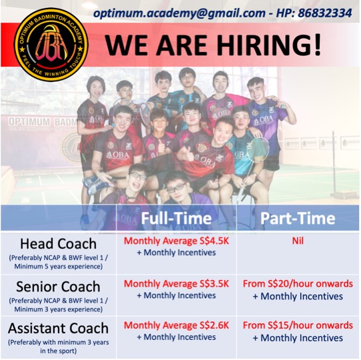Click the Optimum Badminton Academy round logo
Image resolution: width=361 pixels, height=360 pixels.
(x=51, y=45)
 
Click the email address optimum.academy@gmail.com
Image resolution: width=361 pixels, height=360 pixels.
(x=179, y=13)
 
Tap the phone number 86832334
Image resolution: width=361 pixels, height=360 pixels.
(x=325, y=13)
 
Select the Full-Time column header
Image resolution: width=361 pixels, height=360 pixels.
(x=176, y=218)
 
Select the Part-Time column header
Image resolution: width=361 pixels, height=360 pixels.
(x=298, y=218)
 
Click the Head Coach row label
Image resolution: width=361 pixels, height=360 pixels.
(x=58, y=243)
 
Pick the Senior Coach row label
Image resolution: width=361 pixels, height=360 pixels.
(x=58, y=287)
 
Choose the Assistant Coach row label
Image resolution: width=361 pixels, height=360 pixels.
(x=58, y=328)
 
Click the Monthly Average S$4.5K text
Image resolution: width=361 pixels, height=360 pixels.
(x=177, y=241)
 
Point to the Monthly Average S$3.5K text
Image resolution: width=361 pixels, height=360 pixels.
(x=177, y=284)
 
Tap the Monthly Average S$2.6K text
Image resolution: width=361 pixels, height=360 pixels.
(x=177, y=325)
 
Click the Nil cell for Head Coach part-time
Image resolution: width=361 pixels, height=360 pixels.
(x=298, y=241)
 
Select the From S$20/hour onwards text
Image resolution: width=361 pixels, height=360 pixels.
(x=298, y=284)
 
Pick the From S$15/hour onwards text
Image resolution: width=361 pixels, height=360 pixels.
(x=298, y=325)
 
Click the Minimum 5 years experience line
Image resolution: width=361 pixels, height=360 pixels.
(x=58, y=267)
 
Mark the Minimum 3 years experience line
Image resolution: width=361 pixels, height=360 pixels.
(x=58, y=309)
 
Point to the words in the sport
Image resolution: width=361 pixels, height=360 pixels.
(x=58, y=351)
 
